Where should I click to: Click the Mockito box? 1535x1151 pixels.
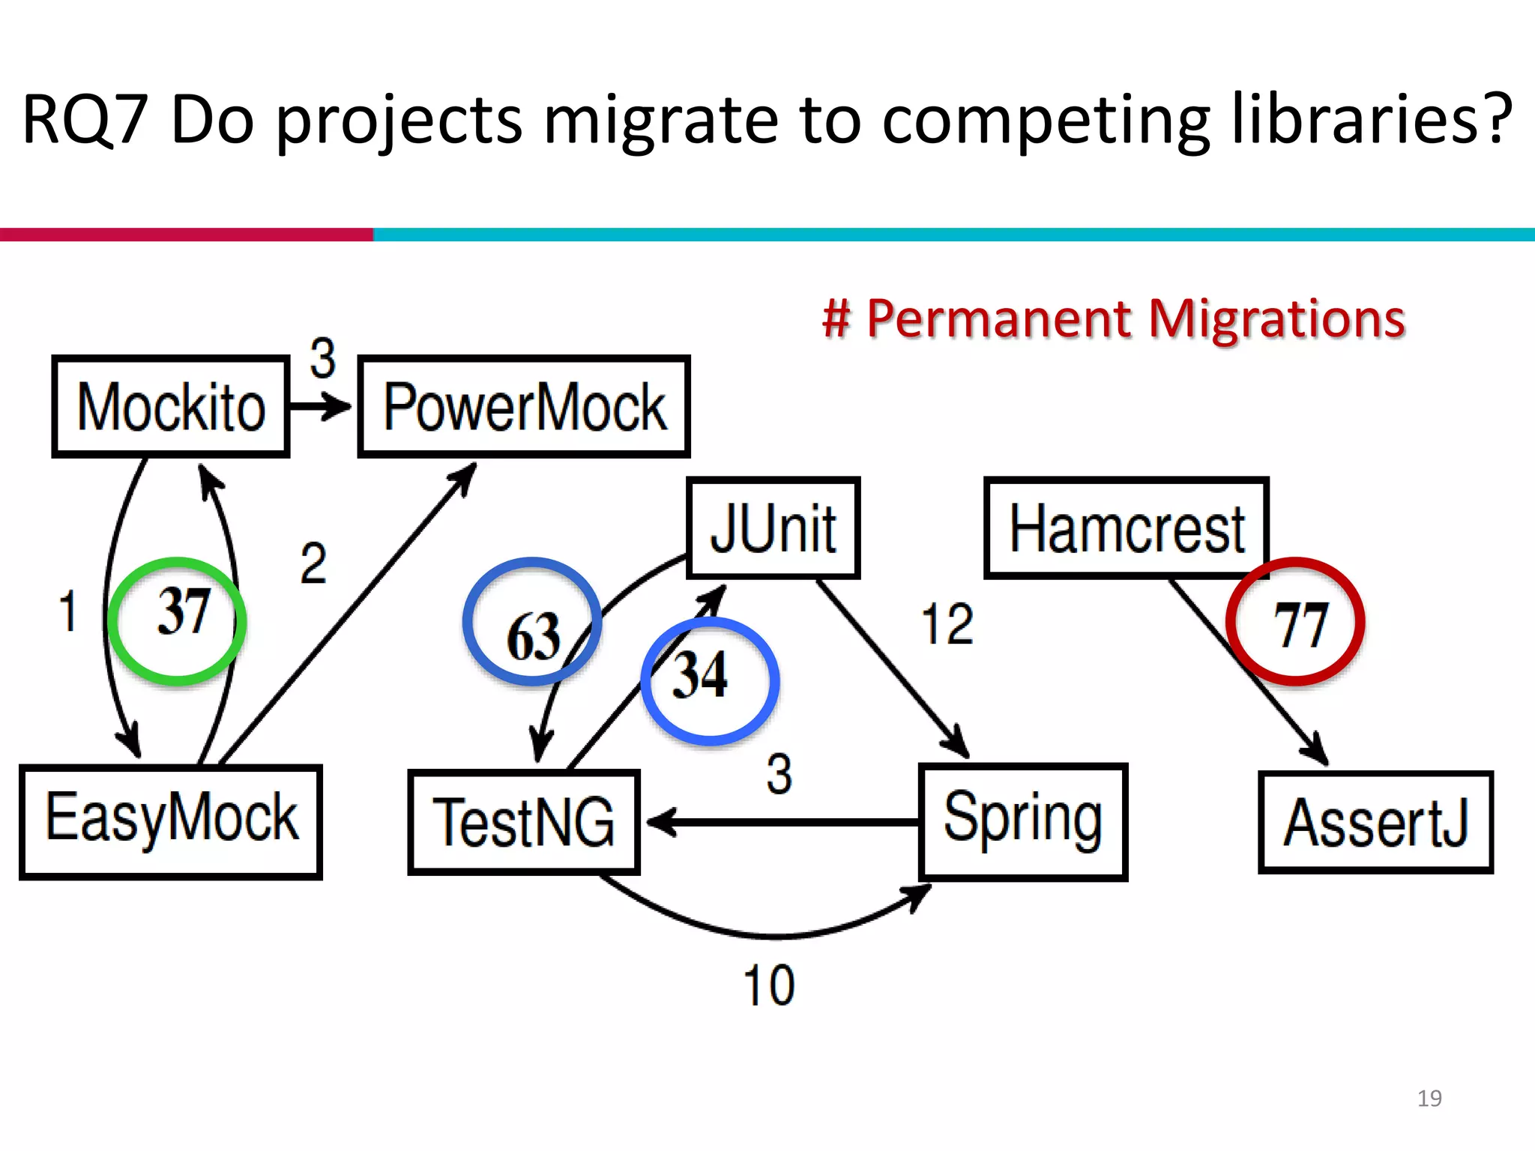(x=171, y=407)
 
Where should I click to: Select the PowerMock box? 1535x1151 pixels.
(x=524, y=407)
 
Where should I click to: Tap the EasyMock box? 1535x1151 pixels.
(x=171, y=822)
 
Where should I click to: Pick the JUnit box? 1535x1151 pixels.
(x=773, y=528)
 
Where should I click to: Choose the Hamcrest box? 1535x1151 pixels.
(x=1126, y=528)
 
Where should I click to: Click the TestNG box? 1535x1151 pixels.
(x=524, y=822)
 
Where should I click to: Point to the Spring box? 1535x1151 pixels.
(x=1023, y=822)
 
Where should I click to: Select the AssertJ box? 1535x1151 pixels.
(x=1375, y=822)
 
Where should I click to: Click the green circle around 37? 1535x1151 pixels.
(x=178, y=621)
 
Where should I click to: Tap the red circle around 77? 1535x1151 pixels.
(x=1295, y=621)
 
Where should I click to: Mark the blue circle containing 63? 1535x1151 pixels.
(x=532, y=621)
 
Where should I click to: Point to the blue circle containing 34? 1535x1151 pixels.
(x=710, y=681)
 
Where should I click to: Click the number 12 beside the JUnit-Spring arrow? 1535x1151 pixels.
(x=947, y=624)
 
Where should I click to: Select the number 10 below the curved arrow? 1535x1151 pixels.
(x=769, y=985)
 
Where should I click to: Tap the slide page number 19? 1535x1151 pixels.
(x=1429, y=1099)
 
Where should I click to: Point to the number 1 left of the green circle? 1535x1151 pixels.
(x=67, y=611)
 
